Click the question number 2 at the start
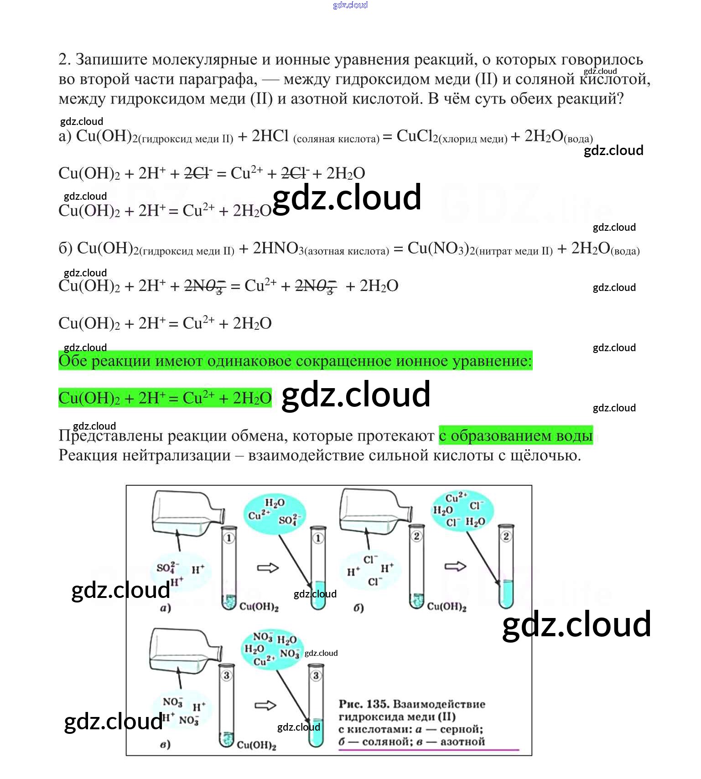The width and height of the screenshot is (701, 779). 64,59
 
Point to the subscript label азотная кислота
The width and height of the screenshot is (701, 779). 347,251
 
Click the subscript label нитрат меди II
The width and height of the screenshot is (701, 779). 514,251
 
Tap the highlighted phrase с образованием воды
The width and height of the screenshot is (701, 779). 516,436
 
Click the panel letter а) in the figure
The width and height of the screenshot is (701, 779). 165,608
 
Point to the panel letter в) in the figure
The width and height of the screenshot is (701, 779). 165,744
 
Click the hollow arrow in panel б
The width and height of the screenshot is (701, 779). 455,566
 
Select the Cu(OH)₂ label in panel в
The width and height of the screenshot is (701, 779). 257,745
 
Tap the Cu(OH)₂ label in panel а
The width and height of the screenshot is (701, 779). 259,607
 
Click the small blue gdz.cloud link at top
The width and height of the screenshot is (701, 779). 350,5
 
